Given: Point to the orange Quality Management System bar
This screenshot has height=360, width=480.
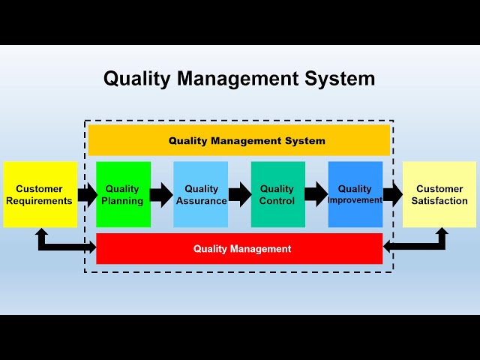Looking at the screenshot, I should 239,140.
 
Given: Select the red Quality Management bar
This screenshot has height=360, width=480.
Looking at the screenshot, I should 239,248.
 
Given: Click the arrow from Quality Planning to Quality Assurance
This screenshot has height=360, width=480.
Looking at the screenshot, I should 161,195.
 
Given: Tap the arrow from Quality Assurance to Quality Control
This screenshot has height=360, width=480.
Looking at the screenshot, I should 239,195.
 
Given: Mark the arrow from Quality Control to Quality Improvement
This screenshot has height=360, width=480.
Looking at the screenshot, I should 316,195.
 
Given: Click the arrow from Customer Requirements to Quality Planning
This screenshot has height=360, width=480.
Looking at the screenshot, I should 87,195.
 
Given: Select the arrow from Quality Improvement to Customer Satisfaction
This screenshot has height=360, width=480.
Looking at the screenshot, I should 393,195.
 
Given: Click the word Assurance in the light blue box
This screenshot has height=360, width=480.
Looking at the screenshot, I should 201,201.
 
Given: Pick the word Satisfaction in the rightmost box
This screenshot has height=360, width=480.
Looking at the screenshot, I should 439,201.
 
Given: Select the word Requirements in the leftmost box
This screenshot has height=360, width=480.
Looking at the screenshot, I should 40,201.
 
